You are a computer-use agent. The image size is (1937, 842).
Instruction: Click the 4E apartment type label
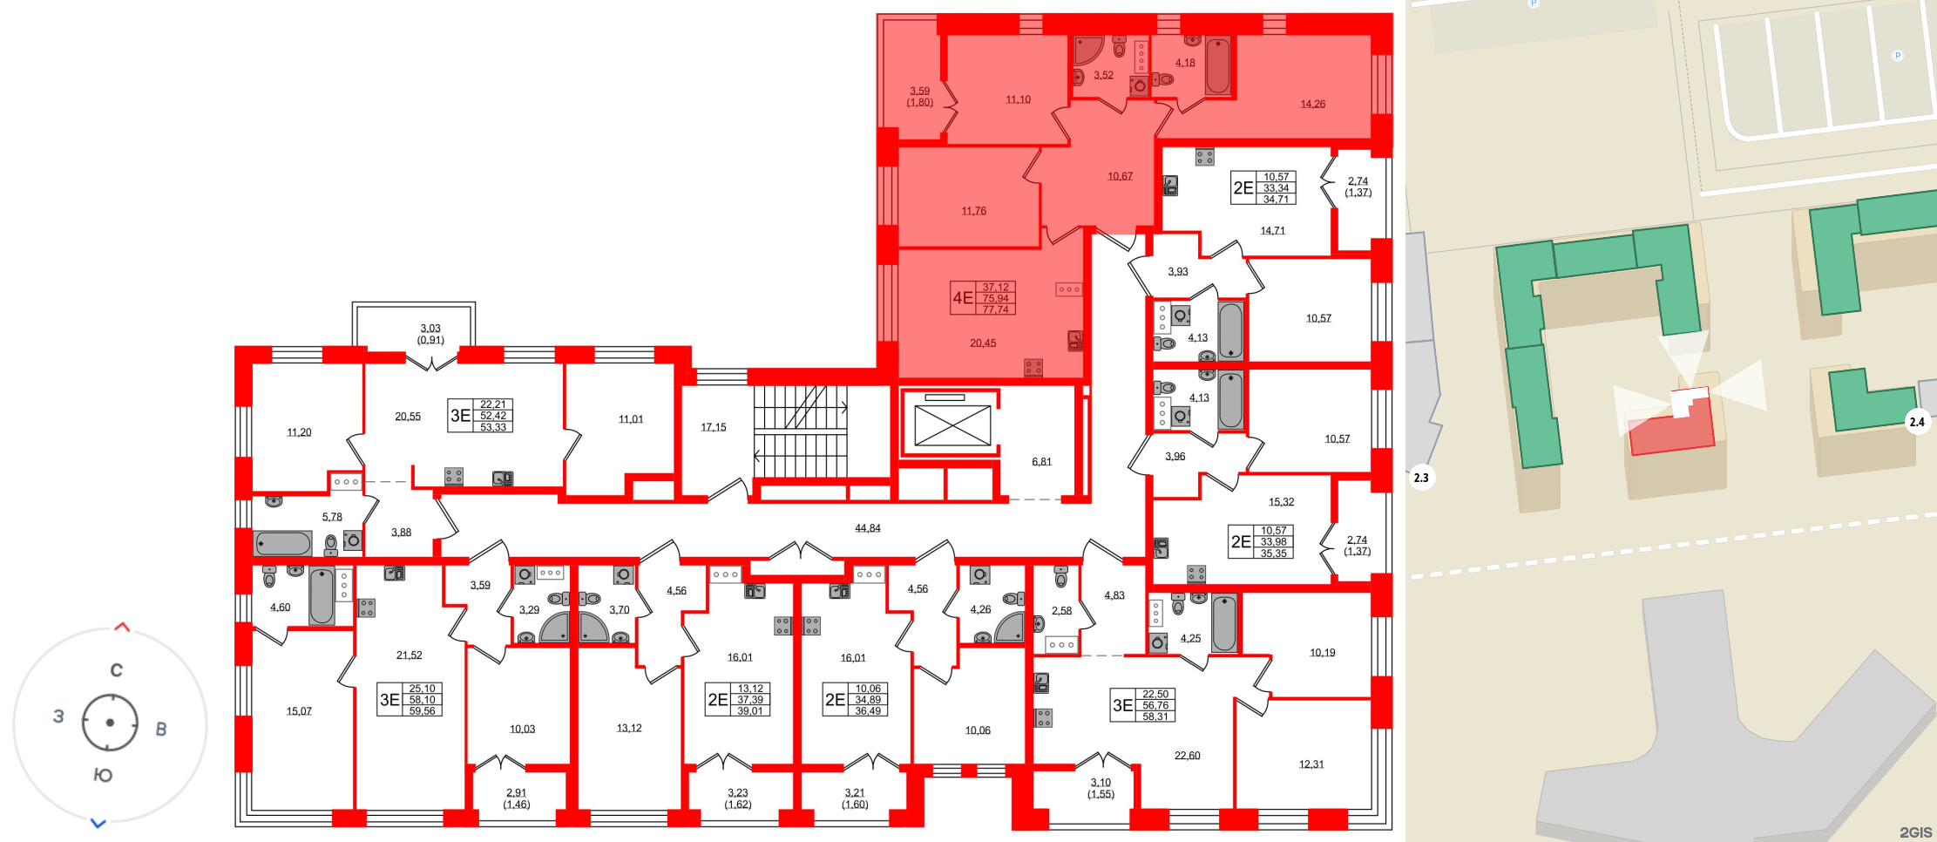(963, 298)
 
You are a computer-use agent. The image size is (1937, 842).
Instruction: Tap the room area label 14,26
(1312, 105)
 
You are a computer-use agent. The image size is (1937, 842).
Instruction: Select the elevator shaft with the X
(952, 425)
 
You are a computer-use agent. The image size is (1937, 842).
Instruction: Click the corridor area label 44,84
(867, 528)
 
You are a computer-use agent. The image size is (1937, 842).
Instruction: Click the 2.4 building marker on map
(1917, 422)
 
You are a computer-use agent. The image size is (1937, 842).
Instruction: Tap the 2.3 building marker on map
(1420, 478)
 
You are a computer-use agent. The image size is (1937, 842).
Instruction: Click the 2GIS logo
(1915, 832)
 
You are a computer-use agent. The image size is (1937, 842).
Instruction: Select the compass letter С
(116, 670)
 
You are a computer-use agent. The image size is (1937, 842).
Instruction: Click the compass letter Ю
(103, 775)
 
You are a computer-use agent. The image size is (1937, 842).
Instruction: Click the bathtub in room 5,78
(282, 544)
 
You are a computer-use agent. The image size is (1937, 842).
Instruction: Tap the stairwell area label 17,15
(713, 427)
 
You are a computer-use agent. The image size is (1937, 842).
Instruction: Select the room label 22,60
(1187, 756)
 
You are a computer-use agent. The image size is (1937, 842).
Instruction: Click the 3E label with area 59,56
(389, 700)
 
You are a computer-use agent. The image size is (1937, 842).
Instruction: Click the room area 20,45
(983, 343)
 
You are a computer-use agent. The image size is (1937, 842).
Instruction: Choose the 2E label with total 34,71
(1243, 188)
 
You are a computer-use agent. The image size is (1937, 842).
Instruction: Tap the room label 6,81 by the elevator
(1041, 462)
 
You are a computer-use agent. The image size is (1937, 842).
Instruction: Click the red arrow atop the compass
(122, 627)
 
